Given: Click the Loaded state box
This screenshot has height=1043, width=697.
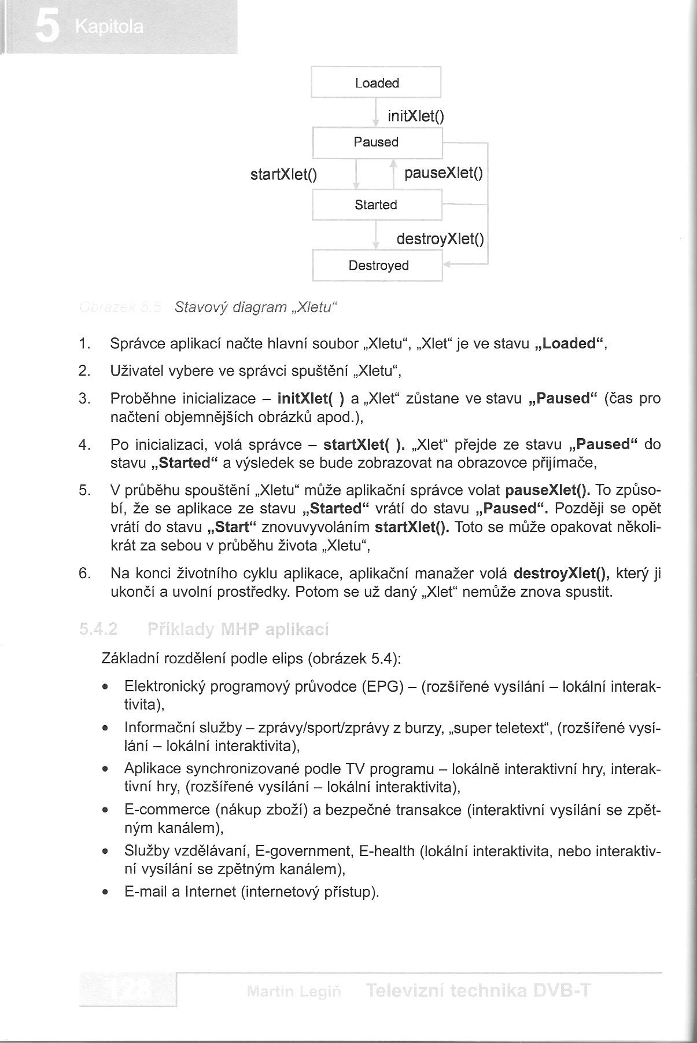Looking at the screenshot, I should click(x=376, y=83).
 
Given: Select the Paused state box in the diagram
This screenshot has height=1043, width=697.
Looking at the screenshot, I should click(x=376, y=142).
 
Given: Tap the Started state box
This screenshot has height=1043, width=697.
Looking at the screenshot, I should click(x=376, y=205).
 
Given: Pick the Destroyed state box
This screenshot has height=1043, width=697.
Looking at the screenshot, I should click(x=378, y=266).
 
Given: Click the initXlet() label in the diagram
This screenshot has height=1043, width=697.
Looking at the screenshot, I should click(x=416, y=116).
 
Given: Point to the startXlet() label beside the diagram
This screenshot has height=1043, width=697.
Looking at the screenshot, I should click(x=283, y=174).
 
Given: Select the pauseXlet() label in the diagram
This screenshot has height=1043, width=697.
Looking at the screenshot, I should click(x=444, y=173).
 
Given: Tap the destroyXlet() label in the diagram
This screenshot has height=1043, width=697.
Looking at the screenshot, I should click(x=440, y=238).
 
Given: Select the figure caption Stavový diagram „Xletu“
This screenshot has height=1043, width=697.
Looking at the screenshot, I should click(x=255, y=307).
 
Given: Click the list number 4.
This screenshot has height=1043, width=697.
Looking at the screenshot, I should click(x=84, y=445).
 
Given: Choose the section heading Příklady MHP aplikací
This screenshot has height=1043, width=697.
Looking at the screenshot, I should click(x=238, y=629).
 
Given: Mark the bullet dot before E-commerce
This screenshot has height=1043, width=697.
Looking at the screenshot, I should click(x=105, y=810).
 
